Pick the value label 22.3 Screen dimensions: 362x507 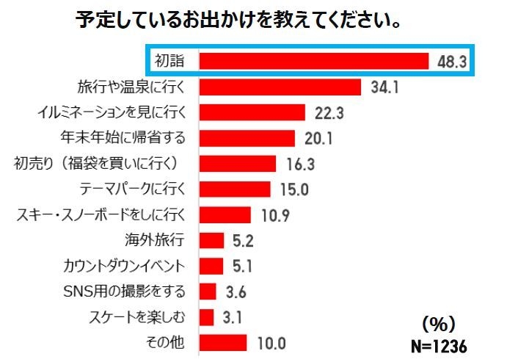(327, 112)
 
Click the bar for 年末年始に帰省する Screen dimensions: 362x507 (247, 137)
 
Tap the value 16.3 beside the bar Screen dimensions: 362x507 (299, 163)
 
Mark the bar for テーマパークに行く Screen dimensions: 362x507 (236, 189)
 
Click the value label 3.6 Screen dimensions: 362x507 (236, 292)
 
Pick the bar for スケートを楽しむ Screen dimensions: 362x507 (206, 317)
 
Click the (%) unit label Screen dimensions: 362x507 (440, 322)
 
